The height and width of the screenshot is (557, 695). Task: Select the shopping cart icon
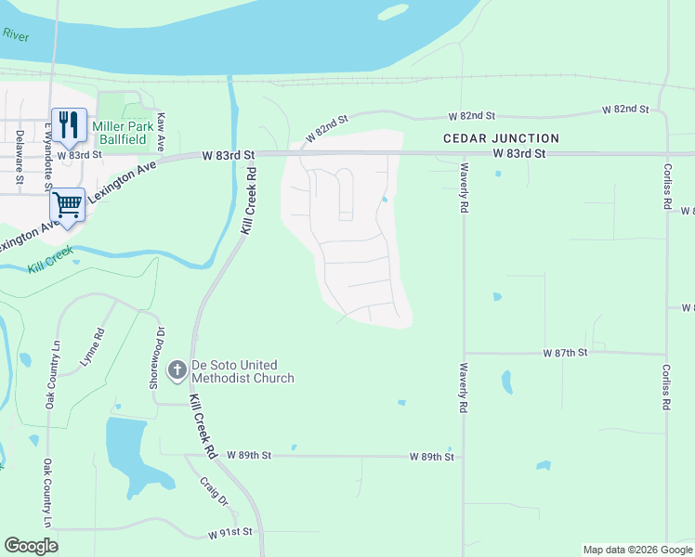click(67, 202)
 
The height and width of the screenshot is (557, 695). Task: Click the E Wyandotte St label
click(46, 137)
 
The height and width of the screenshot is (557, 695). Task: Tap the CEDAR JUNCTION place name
click(501, 138)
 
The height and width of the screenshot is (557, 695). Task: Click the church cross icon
click(177, 371)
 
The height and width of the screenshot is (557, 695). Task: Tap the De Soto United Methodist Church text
click(243, 371)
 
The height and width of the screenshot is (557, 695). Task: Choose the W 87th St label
click(566, 354)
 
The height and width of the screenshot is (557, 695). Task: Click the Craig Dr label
click(214, 492)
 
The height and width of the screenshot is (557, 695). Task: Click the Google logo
click(31, 546)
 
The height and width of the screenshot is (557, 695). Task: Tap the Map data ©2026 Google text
click(637, 550)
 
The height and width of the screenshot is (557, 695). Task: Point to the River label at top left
click(16, 35)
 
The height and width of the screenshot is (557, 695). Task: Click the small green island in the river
click(393, 12)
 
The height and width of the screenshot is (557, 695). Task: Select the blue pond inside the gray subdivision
click(385, 198)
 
